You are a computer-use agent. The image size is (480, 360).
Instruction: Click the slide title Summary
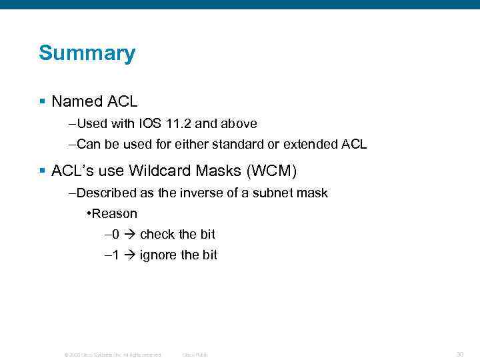pyautogui.click(x=87, y=53)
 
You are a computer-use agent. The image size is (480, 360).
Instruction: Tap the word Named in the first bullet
pyautogui.click(x=69, y=102)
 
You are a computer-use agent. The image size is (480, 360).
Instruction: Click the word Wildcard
pyautogui.click(x=160, y=171)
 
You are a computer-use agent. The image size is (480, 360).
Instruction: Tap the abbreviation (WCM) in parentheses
pyautogui.click(x=271, y=171)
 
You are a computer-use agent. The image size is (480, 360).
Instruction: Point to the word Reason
pyautogui.click(x=115, y=214)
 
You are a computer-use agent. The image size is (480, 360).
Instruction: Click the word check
pyautogui.click(x=158, y=235)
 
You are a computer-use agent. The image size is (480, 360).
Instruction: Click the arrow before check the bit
pyautogui.click(x=129, y=235)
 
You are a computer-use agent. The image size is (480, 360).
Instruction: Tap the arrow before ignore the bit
pyautogui.click(x=129, y=255)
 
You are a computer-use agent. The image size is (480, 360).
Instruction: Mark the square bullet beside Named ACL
pyautogui.click(x=42, y=102)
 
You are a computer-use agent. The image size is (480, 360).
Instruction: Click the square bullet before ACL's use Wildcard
pyautogui.click(x=42, y=171)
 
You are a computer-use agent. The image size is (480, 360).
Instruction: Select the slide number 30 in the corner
pyautogui.click(x=460, y=354)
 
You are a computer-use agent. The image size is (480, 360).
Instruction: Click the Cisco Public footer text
pyautogui.click(x=195, y=355)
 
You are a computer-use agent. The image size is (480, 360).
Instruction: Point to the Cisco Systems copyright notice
pyautogui.click(x=112, y=355)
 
